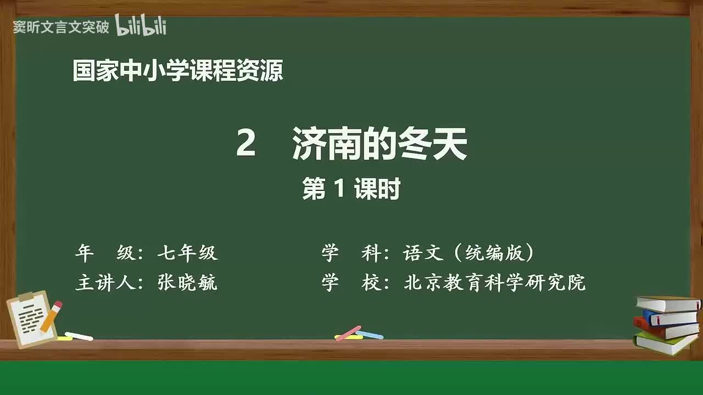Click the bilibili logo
point(141,25)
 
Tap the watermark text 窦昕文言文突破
point(61,27)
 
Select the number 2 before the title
point(246,144)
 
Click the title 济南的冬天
point(380,144)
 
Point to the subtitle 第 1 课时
point(351,189)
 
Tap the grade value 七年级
point(187,253)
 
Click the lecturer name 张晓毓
point(187,283)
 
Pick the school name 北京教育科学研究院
point(494,283)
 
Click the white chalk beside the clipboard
point(79,336)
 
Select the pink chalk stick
point(348,333)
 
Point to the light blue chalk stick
point(370,335)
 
